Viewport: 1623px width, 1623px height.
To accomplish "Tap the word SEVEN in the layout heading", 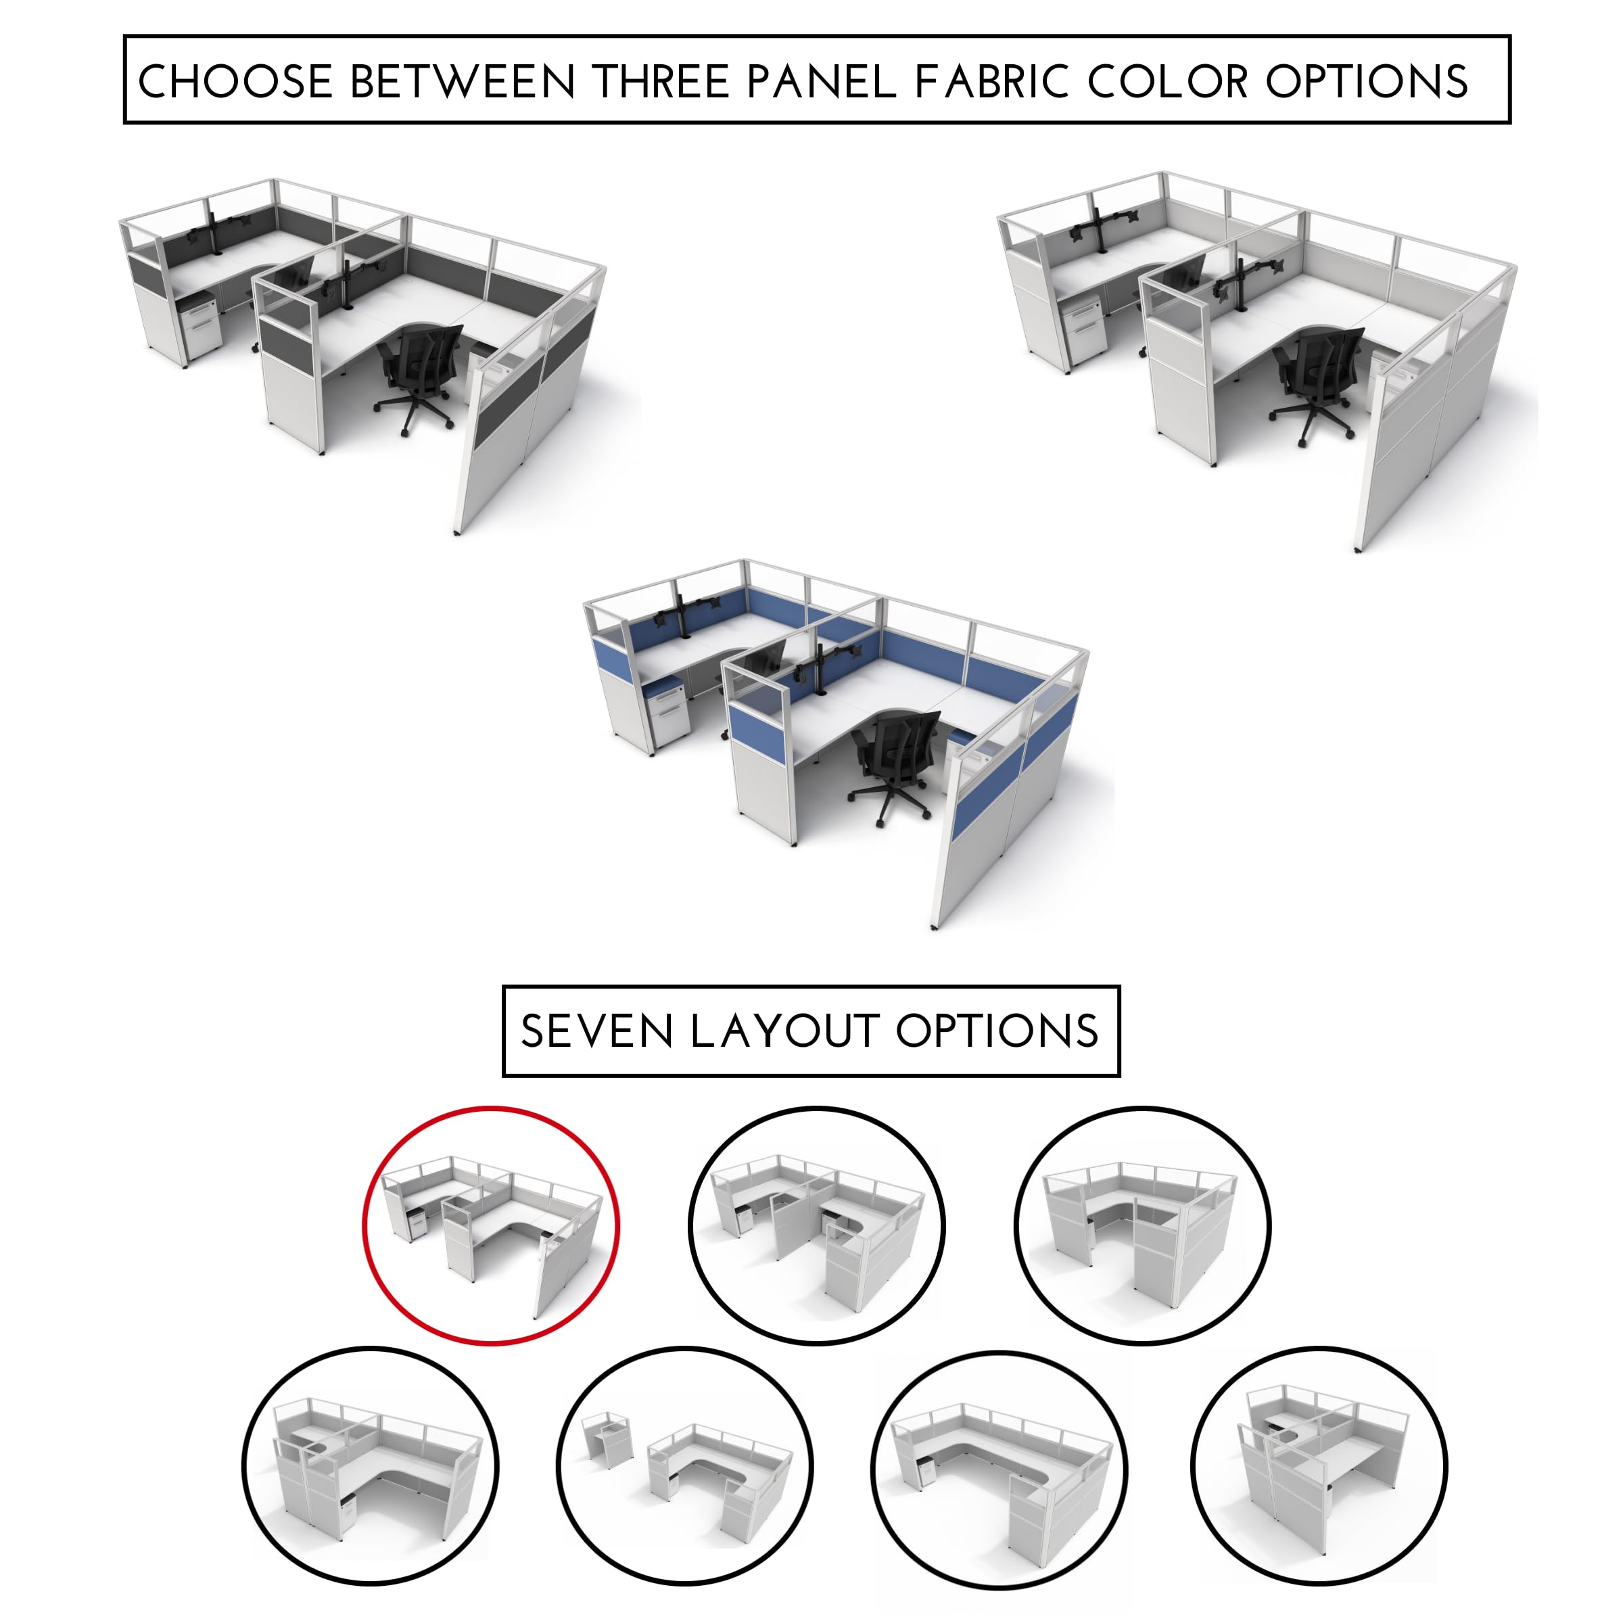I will point(596,1031).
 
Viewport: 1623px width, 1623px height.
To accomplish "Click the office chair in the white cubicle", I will point(1315,378).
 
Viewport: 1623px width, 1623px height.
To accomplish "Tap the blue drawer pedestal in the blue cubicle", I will point(668,710).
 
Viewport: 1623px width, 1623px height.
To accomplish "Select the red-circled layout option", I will point(492,1227).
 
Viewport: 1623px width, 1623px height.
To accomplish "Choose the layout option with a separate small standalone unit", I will point(684,1466).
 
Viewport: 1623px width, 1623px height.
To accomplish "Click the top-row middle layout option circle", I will point(816,1227).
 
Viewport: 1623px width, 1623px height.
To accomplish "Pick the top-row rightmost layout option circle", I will point(1142,1227).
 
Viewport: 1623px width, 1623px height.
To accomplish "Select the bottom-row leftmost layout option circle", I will point(371,1466).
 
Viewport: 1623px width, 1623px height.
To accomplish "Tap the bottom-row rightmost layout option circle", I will point(1319,1466).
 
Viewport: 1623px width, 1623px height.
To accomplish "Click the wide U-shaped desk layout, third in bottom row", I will point(999,1470).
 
